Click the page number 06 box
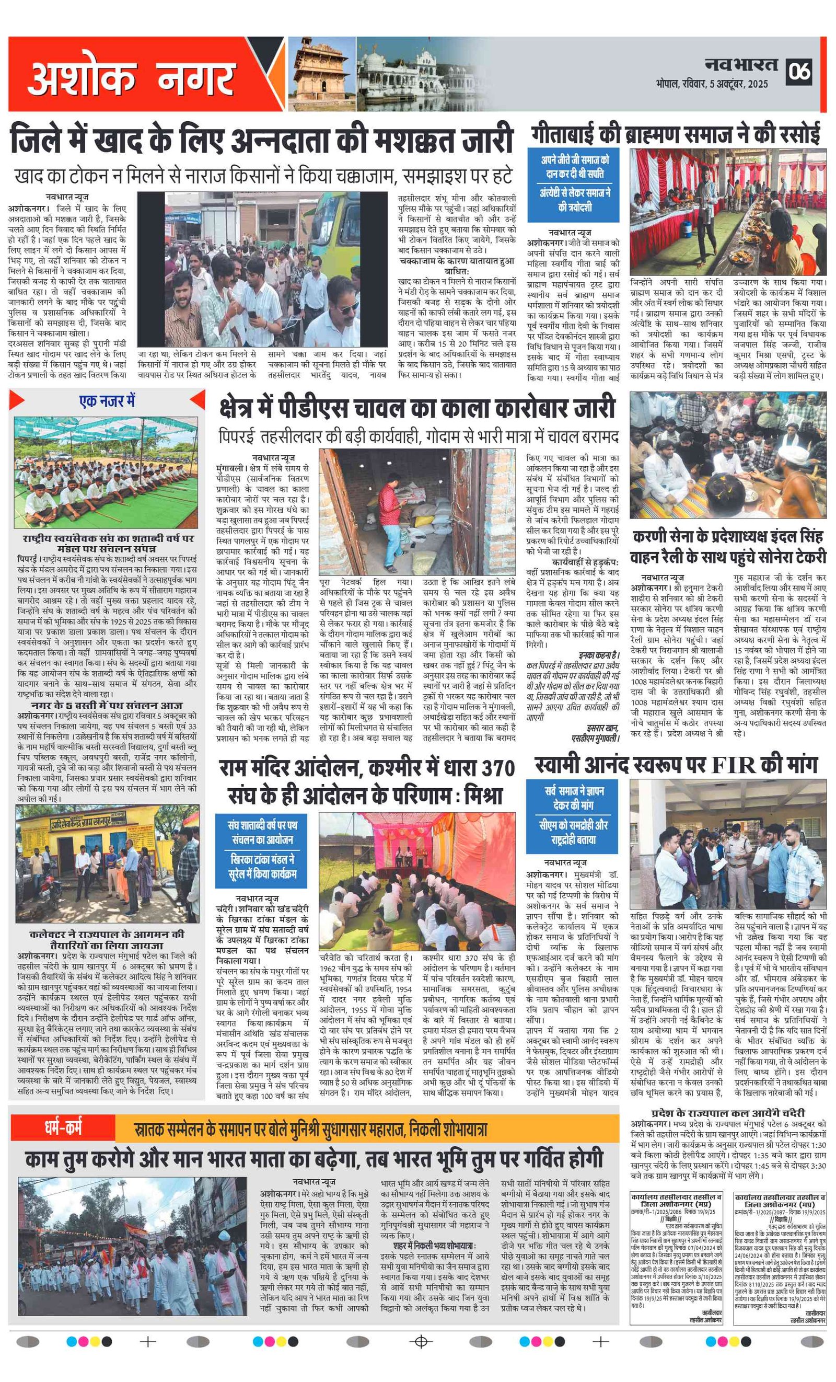[799, 71]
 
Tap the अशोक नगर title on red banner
[131, 77]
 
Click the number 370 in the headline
[491, 767]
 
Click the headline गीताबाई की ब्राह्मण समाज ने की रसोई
[676, 135]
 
